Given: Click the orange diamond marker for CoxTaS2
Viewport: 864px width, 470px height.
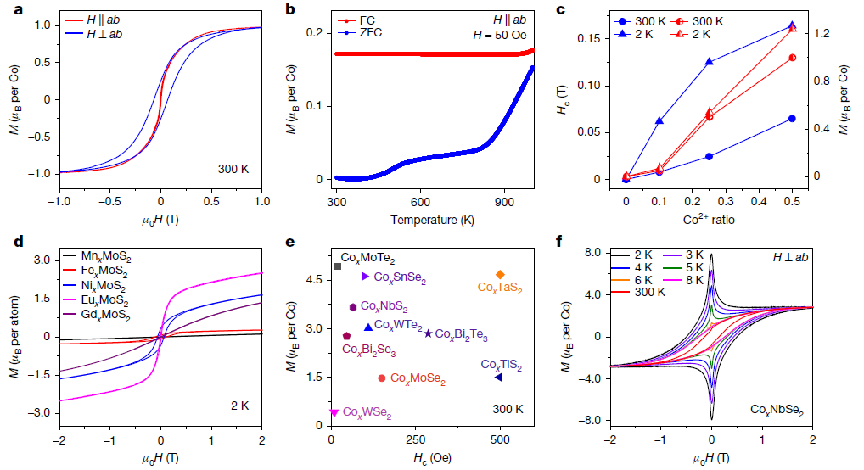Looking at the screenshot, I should [x=500, y=274].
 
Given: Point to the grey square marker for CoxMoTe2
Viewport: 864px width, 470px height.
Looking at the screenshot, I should [x=337, y=266].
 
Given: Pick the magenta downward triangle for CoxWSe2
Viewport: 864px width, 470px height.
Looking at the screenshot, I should [x=334, y=413].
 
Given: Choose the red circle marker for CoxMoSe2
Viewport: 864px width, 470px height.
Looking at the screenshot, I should [x=382, y=378].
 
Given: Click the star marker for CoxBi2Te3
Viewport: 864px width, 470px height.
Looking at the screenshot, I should [x=428, y=334].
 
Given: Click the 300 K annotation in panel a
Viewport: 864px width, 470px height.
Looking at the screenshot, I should [x=233, y=170].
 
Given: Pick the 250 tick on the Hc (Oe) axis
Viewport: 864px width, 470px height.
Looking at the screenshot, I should [x=416, y=439].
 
